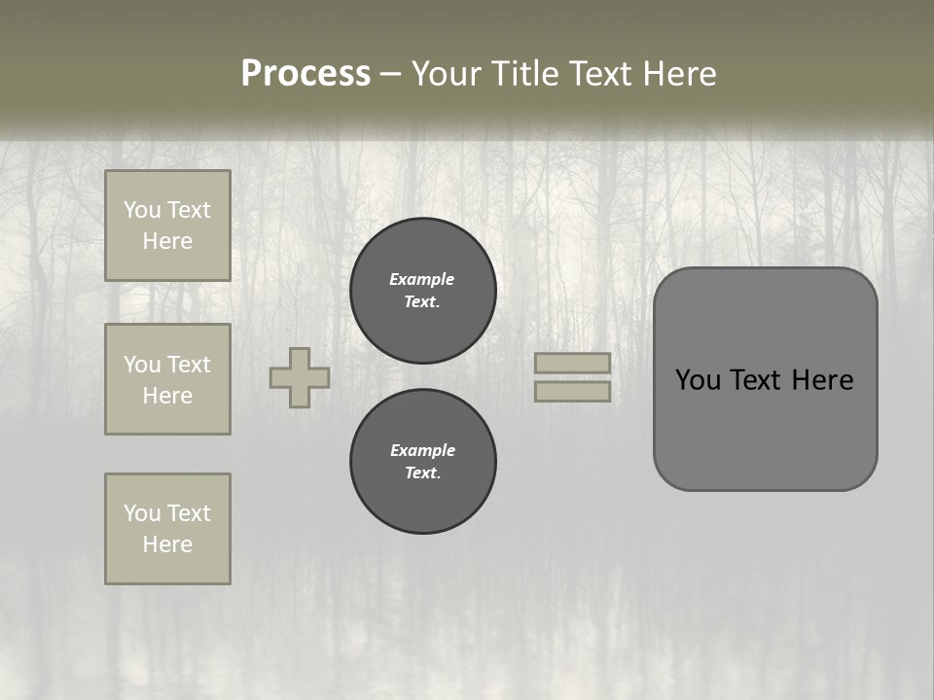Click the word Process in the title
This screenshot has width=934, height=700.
(305, 74)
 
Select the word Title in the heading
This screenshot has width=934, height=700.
(525, 74)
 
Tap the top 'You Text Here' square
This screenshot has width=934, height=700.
(167, 226)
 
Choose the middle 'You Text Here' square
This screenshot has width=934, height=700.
(167, 379)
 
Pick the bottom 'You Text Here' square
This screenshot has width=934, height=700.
(167, 529)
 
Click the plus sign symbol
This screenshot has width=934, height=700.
(300, 377)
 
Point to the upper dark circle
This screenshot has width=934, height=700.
(423, 291)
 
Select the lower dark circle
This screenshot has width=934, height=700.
(423, 462)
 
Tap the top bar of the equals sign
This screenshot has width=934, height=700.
(573, 363)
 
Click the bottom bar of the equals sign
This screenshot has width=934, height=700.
(573, 391)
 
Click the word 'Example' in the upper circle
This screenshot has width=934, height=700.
(422, 279)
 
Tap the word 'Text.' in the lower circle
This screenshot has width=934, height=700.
(422, 473)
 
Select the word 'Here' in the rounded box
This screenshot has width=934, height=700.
(822, 380)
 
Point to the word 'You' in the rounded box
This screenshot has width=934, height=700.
(699, 380)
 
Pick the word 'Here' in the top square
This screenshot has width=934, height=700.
(167, 241)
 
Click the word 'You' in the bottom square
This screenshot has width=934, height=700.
(142, 513)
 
